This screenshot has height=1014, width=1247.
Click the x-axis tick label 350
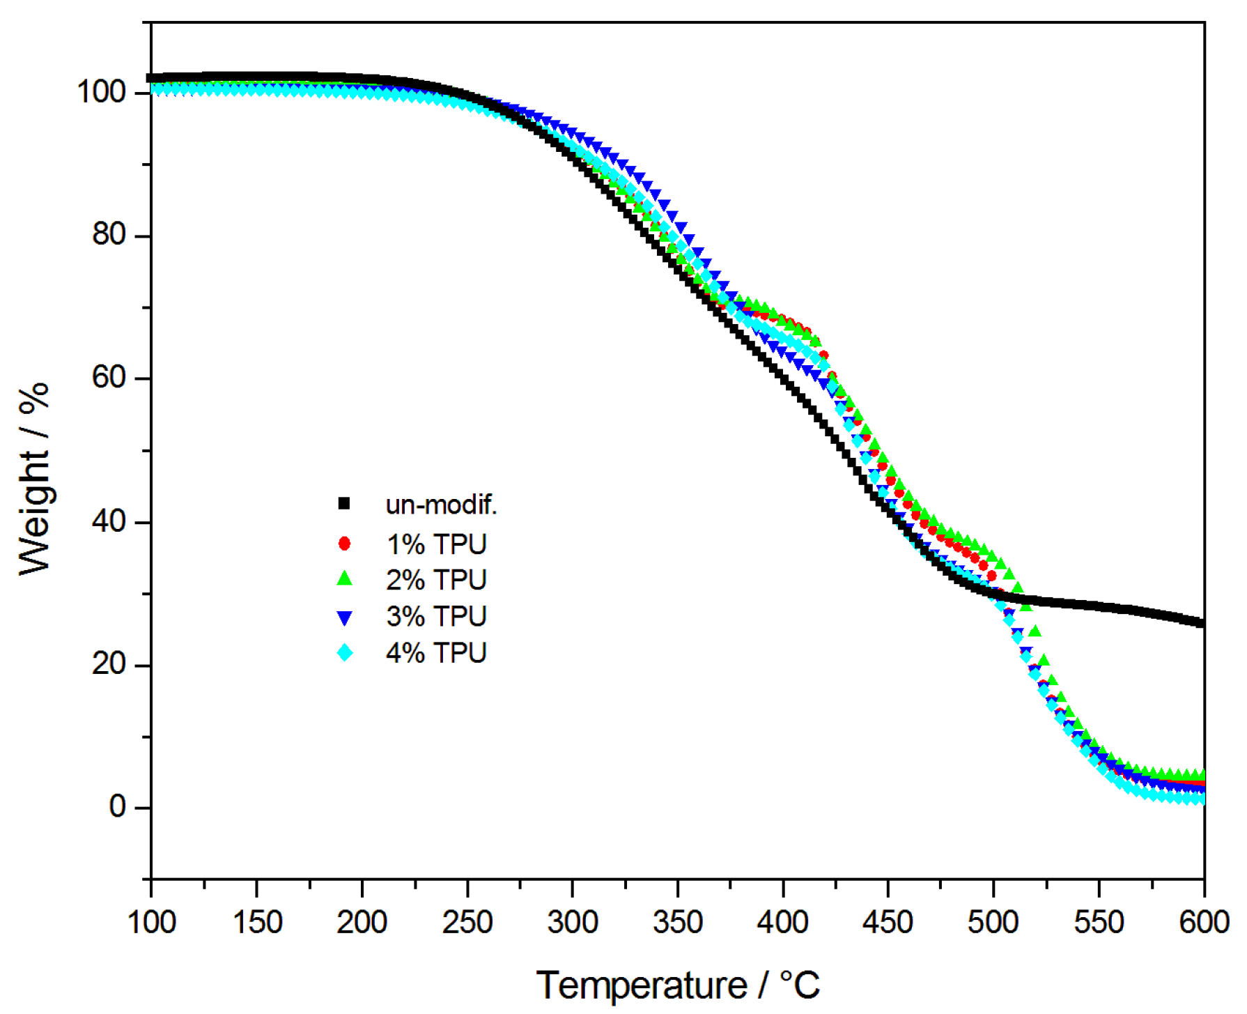point(677,922)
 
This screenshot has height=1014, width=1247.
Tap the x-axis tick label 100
point(152,922)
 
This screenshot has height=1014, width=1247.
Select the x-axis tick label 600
point(1203,922)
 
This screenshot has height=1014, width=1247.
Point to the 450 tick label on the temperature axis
point(888,922)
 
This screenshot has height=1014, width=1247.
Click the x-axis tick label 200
point(362,922)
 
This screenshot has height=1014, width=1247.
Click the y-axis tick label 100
point(100,91)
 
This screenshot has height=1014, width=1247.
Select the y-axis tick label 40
point(109,521)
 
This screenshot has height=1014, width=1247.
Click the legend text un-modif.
point(441,505)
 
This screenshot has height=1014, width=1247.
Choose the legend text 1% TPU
point(436,544)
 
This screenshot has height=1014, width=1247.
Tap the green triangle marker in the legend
point(344,579)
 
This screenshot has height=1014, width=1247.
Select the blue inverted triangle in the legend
point(344,617)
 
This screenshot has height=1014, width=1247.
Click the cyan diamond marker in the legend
point(345,653)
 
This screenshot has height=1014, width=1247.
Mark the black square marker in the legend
point(344,503)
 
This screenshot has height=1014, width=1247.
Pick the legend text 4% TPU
point(436,653)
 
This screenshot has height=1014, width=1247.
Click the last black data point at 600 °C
point(1201,622)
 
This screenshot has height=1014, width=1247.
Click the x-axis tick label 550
point(1098,922)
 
